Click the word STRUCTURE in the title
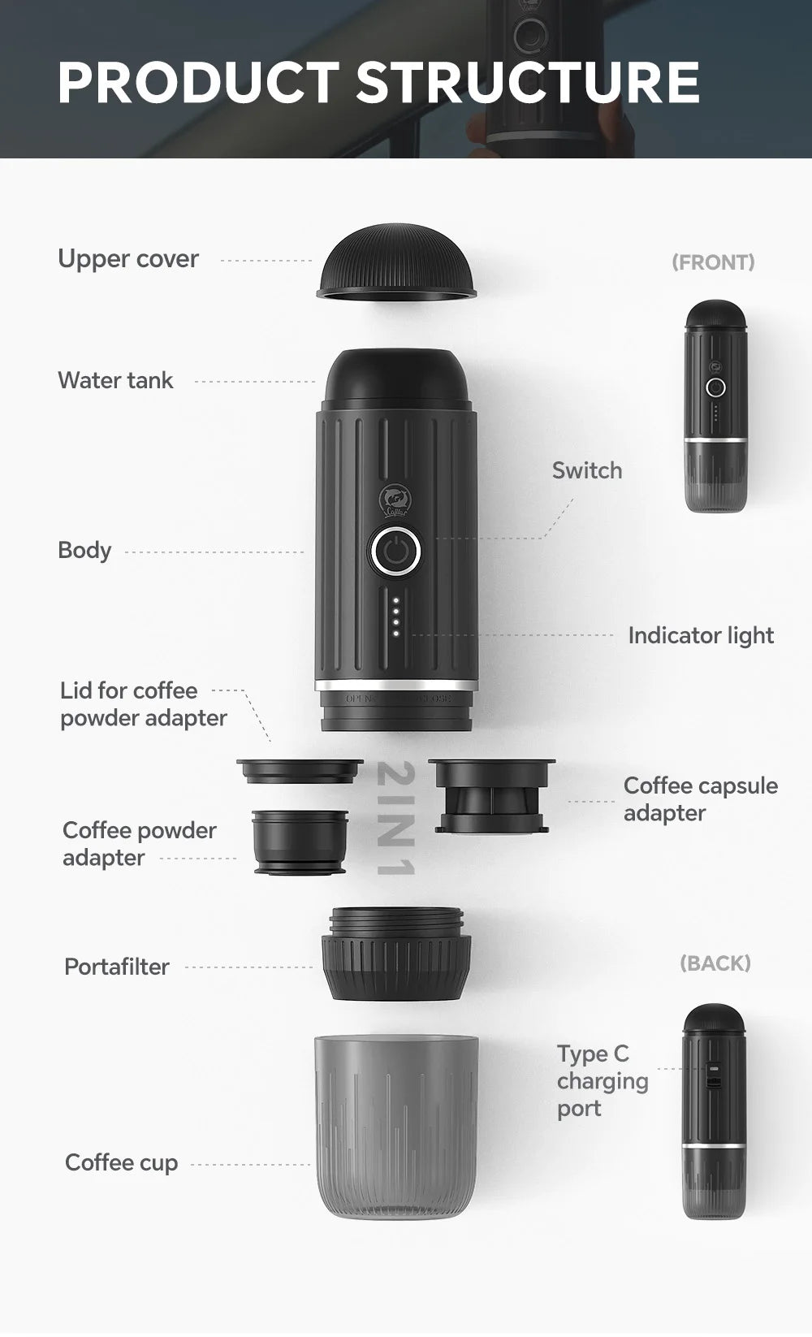tap(527, 82)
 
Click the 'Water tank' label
tap(115, 380)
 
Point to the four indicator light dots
tap(395, 617)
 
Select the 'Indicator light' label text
tap(700, 635)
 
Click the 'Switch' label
tap(586, 470)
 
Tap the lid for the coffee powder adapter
tap(300, 770)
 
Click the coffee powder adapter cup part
tap(300, 842)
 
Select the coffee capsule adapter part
tap(491, 796)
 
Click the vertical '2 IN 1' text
tap(397, 819)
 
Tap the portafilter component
tap(396, 954)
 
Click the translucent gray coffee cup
tap(395, 1125)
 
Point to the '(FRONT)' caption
tap(713, 262)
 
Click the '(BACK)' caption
tap(715, 963)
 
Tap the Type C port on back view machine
tap(713, 1075)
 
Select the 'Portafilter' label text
tap(117, 967)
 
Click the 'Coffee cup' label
tap(121, 1162)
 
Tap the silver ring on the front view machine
tap(715, 440)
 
